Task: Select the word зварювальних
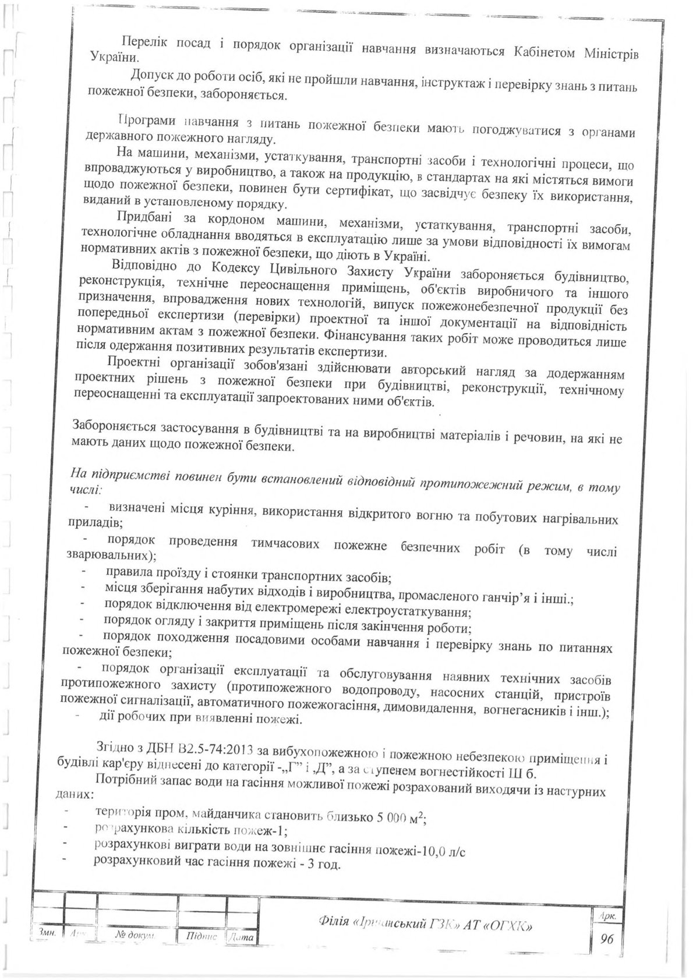tap(110, 553)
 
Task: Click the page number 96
tap(608, 937)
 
